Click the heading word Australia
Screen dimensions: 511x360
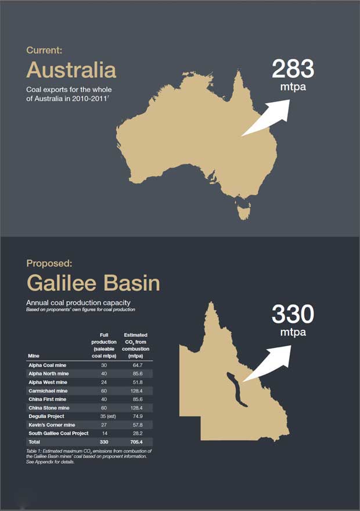tap(71, 70)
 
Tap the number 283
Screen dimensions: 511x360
tap(293, 69)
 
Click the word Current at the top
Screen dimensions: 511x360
tap(44, 50)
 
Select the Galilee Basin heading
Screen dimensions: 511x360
tap(93, 283)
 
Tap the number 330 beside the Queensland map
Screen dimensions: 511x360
tap(293, 314)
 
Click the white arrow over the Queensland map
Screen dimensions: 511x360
tap(270, 363)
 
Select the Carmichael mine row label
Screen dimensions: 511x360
tap(49, 391)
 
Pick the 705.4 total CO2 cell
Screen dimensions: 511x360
tap(137, 442)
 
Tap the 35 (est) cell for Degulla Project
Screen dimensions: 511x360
tap(105, 416)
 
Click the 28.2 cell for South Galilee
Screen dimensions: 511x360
tap(137, 433)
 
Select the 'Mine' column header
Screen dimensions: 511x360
tap(33, 355)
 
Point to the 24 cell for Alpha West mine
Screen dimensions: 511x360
tap(105, 382)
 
